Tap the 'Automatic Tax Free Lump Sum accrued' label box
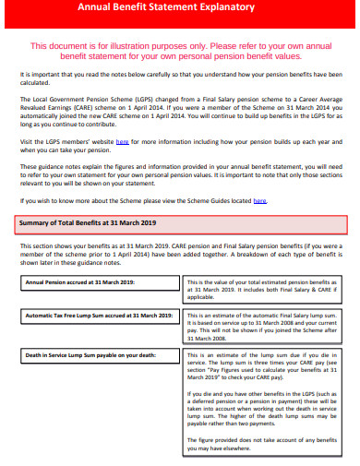(x=99, y=316)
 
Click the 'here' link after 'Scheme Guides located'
(x=259, y=200)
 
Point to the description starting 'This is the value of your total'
(x=262, y=290)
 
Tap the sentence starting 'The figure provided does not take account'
(x=262, y=445)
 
